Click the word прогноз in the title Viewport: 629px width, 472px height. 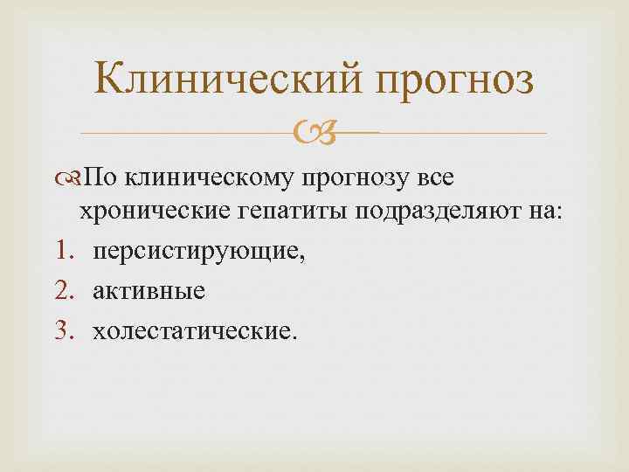(454, 82)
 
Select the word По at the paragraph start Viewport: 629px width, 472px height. (103, 179)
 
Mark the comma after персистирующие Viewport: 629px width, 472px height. (302, 258)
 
